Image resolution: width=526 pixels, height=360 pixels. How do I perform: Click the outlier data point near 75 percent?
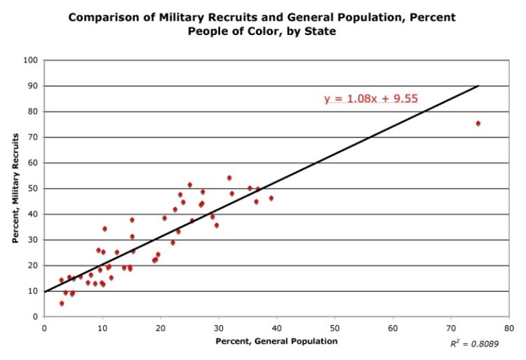point(478,124)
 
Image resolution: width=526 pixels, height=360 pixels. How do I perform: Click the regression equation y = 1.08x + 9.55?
point(371,98)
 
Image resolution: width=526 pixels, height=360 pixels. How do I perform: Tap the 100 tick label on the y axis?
point(31,60)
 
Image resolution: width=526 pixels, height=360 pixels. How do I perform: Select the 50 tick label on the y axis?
point(33,189)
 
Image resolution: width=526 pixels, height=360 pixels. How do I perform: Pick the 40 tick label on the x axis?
point(277,327)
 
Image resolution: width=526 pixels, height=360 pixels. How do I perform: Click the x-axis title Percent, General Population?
point(276,341)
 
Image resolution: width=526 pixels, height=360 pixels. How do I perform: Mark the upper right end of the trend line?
point(478,86)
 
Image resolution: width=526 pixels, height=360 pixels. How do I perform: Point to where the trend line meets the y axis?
point(44,292)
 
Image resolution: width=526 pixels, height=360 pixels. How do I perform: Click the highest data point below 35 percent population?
point(229,178)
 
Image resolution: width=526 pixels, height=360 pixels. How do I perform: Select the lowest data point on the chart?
point(62,304)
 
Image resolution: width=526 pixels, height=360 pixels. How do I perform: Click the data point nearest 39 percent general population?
point(271,199)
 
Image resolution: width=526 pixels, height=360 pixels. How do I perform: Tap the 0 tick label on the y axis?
point(35,317)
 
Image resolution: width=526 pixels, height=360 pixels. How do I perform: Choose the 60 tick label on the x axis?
point(393,327)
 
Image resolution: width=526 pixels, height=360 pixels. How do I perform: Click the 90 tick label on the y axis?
point(33,86)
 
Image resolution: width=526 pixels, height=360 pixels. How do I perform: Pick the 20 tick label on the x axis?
point(161,327)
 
